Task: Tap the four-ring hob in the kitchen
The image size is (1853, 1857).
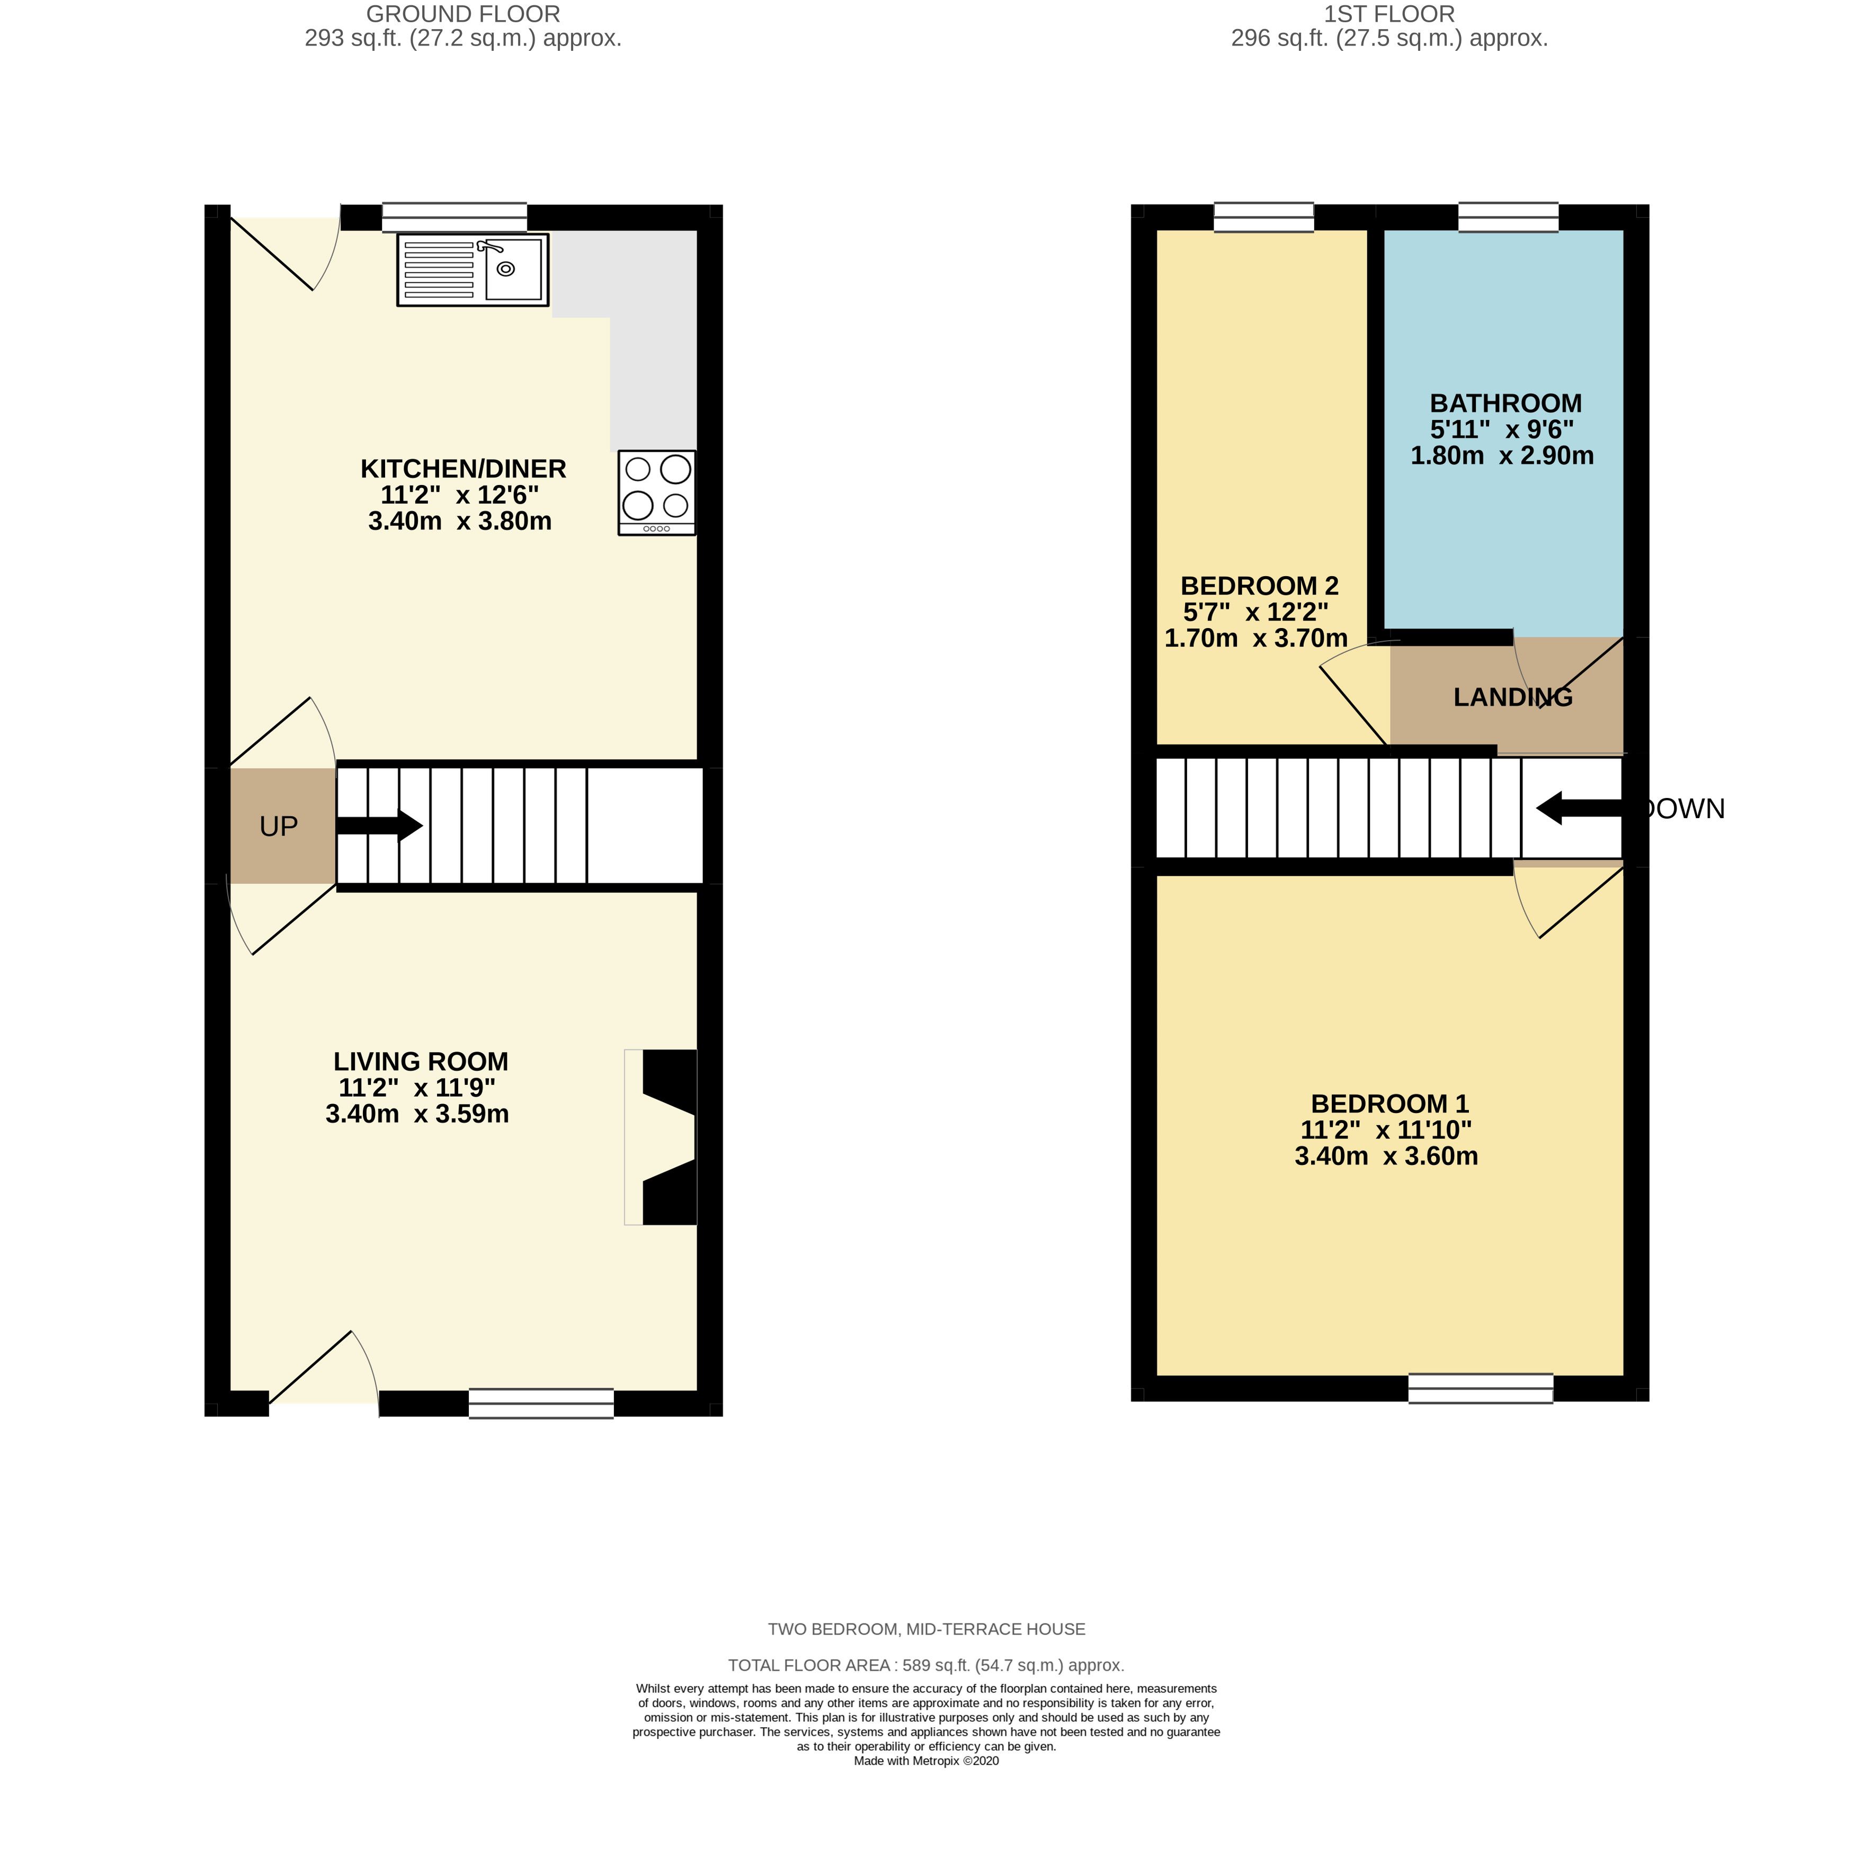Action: pos(657,492)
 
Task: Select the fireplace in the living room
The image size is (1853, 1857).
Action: pos(661,1137)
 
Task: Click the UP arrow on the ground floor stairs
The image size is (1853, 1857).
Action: pos(379,824)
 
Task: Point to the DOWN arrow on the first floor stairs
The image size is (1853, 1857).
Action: pos(1580,809)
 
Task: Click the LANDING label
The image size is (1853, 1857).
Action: pos(1512,698)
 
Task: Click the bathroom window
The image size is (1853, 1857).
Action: pos(1508,217)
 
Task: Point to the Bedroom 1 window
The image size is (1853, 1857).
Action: pos(1480,1389)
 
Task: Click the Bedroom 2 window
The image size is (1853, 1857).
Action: pos(1263,217)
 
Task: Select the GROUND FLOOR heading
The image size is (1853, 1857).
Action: pos(464,14)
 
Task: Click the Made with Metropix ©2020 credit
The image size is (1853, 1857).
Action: pos(926,1788)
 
